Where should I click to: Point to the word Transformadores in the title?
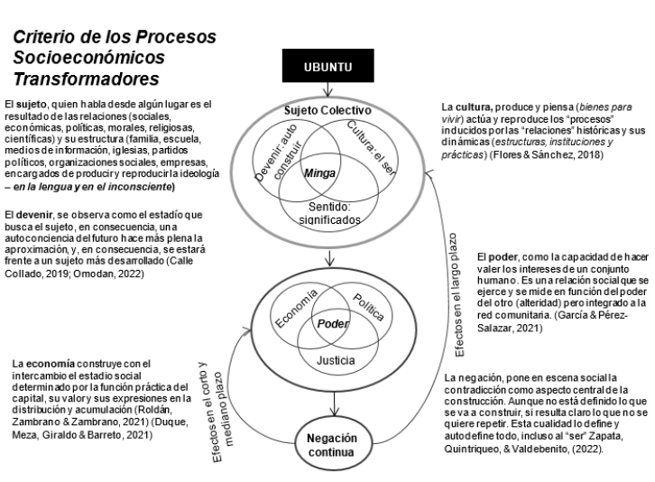(76, 76)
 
